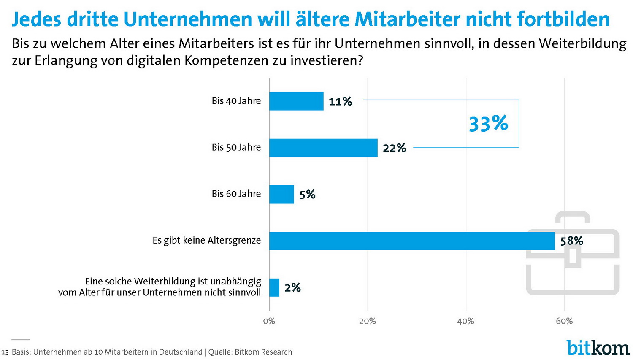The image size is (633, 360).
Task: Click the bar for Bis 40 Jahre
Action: click(296, 101)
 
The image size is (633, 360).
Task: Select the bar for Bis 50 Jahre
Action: click(323, 148)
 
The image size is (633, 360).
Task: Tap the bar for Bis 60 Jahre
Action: click(281, 194)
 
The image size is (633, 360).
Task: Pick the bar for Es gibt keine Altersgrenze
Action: click(411, 241)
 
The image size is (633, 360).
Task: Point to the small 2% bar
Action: click(274, 287)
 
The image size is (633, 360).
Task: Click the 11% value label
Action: click(340, 102)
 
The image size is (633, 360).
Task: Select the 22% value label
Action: click(394, 148)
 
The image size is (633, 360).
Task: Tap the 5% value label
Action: click(307, 195)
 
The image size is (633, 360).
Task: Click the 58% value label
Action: click(571, 241)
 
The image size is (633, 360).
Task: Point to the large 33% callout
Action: click(488, 124)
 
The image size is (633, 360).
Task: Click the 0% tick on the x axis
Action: click(269, 321)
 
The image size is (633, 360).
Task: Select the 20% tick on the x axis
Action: click(367, 321)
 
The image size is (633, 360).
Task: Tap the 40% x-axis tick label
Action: click(465, 321)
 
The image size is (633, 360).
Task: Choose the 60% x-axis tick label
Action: click(564, 321)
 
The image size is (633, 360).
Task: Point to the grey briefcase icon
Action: click(572, 253)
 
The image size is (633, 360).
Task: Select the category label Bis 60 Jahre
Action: click(236, 194)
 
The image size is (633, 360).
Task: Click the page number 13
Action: click(5, 352)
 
